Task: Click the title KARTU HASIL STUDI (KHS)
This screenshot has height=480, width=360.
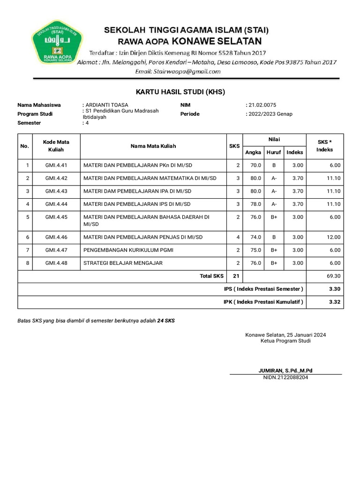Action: click(180, 92)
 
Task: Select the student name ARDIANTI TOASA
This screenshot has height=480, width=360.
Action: click(107, 105)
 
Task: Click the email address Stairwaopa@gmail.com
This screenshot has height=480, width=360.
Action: click(178, 72)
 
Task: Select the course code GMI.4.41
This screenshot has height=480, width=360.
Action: click(56, 165)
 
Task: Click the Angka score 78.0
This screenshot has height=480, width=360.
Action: click(255, 204)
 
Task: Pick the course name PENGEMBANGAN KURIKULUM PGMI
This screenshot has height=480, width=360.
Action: click(128, 250)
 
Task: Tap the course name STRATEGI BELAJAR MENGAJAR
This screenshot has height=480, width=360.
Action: click(123, 263)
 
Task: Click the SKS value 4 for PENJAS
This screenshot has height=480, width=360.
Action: click(238, 237)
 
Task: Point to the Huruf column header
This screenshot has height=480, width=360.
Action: click(274, 152)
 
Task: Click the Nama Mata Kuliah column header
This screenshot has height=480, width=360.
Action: click(153, 146)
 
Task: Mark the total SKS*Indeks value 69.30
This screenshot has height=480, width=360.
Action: click(333, 277)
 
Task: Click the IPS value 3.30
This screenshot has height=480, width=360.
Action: click(334, 289)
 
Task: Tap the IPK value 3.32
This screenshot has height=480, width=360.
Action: click(334, 302)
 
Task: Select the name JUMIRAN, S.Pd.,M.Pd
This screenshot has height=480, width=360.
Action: click(285, 371)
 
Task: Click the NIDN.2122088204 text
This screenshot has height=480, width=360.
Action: click(285, 377)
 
